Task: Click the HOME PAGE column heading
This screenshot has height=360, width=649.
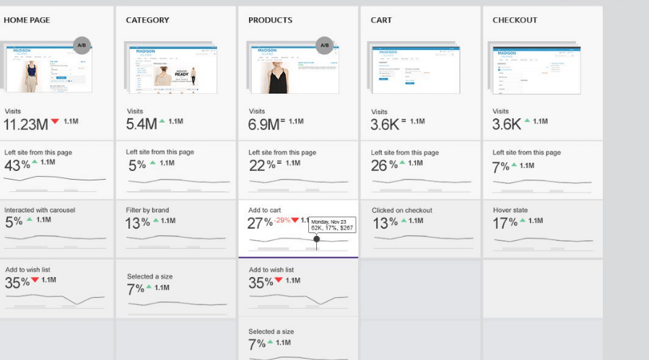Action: pyautogui.click(x=27, y=20)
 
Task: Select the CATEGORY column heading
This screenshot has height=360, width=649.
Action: pyautogui.click(x=147, y=20)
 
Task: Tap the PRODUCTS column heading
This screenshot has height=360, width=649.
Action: pyautogui.click(x=271, y=20)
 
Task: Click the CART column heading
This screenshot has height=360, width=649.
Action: pyautogui.click(x=381, y=20)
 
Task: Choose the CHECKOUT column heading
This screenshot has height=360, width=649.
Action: pyautogui.click(x=515, y=20)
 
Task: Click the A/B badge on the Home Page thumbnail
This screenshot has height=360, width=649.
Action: pyautogui.click(x=82, y=45)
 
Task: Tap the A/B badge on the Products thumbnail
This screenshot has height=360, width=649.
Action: pyautogui.click(x=324, y=45)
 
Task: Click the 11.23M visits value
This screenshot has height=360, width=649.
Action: pyautogui.click(x=26, y=124)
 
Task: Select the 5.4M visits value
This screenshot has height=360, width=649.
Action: pyautogui.click(x=141, y=124)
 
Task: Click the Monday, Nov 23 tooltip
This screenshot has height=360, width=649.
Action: pyautogui.click(x=332, y=224)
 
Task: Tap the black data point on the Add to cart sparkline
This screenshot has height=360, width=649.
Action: pyautogui.click(x=316, y=239)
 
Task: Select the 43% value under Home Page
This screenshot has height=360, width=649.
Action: pyautogui.click(x=17, y=165)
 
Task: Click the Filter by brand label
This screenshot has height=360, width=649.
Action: pyautogui.click(x=147, y=211)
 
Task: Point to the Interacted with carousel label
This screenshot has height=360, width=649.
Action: pyautogui.click(x=40, y=210)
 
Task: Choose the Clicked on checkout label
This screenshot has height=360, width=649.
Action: pyautogui.click(x=401, y=211)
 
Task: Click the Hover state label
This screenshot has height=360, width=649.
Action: pyautogui.click(x=510, y=211)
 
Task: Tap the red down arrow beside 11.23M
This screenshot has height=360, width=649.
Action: pyautogui.click(x=55, y=122)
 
